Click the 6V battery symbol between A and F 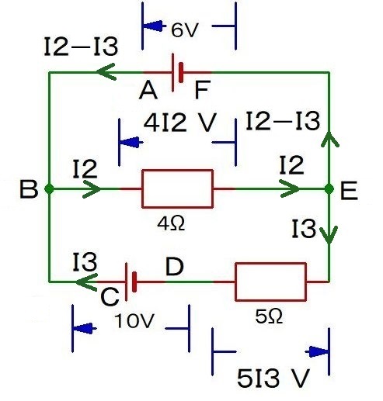pyautogui.click(x=179, y=73)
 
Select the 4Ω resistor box pyautogui.click(x=177, y=188)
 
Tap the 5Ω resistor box pyautogui.click(x=270, y=282)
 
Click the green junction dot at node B pyautogui.click(x=49, y=188)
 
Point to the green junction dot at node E pyautogui.click(x=329, y=188)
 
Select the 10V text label pyautogui.click(x=130, y=320)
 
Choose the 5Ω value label pyautogui.click(x=269, y=317)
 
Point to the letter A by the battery pyautogui.click(x=148, y=92)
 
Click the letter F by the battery pyautogui.click(x=203, y=92)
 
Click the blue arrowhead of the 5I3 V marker pyautogui.click(x=316, y=351)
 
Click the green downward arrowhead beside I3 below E pyautogui.click(x=329, y=233)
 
